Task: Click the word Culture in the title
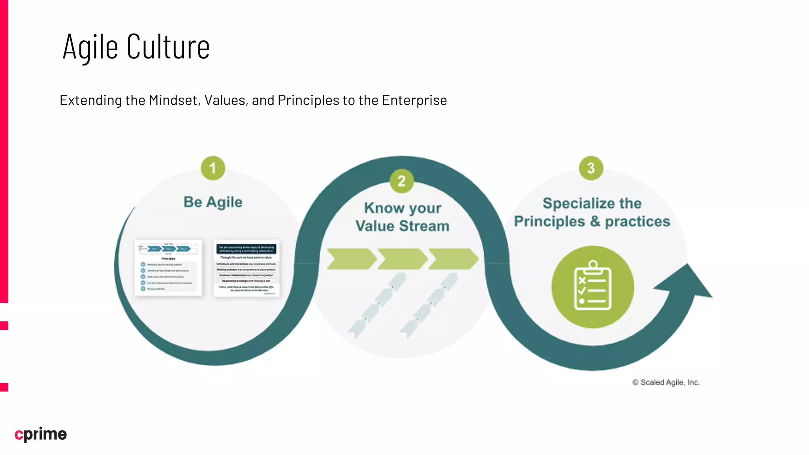168,47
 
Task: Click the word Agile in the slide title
90,47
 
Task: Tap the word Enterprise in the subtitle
414,100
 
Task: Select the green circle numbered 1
213,168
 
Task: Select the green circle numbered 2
401,181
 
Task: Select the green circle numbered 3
591,168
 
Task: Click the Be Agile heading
213,202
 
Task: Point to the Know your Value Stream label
402,217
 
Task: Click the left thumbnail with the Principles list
168,267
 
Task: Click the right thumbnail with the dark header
246,268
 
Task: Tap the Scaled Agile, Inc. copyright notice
666,382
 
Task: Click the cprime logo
41,434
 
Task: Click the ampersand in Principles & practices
595,222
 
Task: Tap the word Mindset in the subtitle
173,100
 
